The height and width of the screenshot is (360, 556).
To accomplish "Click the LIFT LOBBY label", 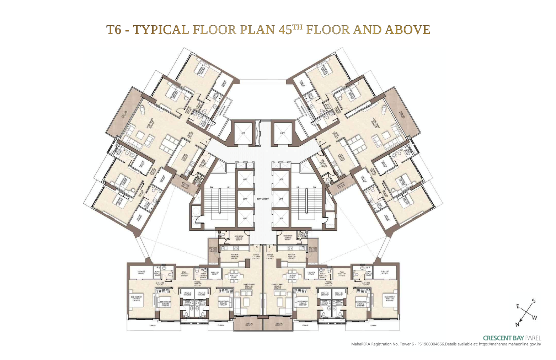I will point(263,199).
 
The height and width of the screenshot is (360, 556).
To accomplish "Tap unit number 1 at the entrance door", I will point(206,142).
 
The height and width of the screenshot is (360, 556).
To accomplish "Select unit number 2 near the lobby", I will point(320,142).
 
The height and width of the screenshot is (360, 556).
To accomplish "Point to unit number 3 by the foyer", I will point(269,246).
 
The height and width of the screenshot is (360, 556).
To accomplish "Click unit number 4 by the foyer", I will point(257,246).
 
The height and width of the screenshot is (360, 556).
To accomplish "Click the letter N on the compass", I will point(517,324).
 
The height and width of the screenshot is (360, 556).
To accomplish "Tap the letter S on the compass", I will point(533,301).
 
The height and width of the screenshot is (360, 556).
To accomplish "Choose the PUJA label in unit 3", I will point(341,272).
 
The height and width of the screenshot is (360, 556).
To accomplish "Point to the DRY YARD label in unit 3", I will point(313,248).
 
